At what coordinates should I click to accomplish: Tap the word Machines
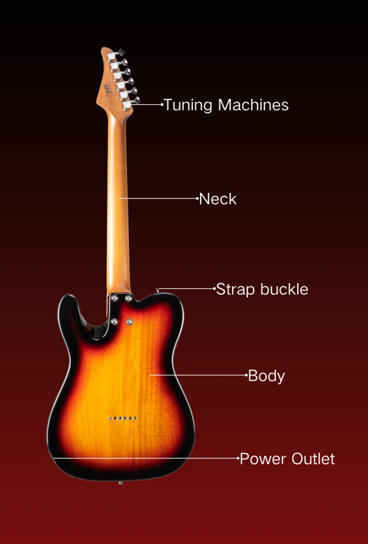point(253,105)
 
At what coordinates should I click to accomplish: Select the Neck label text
point(218,199)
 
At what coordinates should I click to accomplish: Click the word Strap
point(234,290)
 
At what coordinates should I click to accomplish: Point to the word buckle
point(284,289)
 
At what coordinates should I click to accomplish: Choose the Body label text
point(266,376)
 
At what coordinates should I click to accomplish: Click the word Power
point(263,459)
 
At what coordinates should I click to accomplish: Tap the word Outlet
point(313,459)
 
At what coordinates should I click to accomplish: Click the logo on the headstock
point(107,87)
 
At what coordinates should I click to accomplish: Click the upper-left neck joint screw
point(114,298)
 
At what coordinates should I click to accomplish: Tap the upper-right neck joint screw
point(129,298)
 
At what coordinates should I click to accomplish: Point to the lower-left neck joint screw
point(114,322)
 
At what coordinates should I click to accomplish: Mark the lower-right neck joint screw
point(129,322)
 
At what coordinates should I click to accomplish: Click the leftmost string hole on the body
point(110,418)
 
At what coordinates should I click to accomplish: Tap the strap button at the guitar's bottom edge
point(120,483)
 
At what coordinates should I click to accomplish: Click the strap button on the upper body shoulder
point(158,290)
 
